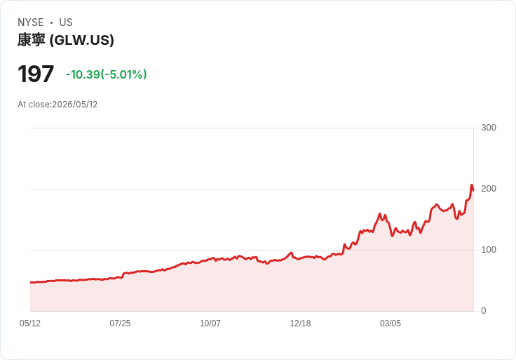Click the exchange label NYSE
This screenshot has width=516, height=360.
pyautogui.click(x=31, y=22)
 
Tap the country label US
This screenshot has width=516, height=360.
pyautogui.click(x=66, y=22)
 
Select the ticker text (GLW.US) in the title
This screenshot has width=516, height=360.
pyautogui.click(x=81, y=40)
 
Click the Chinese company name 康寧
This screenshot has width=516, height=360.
pyautogui.click(x=32, y=40)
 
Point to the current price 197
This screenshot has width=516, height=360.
pyautogui.click(x=36, y=74)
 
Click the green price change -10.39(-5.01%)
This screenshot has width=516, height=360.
pyautogui.click(x=107, y=74)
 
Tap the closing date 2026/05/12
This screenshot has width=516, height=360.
pyautogui.click(x=75, y=105)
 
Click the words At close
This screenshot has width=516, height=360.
pyautogui.click(x=34, y=105)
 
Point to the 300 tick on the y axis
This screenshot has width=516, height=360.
pyautogui.click(x=489, y=128)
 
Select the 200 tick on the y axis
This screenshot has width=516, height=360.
pyautogui.click(x=489, y=189)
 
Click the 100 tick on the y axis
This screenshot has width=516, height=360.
pyautogui.click(x=489, y=250)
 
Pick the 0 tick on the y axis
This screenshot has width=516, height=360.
pyautogui.click(x=484, y=311)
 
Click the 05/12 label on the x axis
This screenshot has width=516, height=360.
pyautogui.click(x=30, y=323)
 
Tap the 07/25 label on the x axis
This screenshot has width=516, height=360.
pyautogui.click(x=120, y=323)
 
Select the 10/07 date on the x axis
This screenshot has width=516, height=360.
pyautogui.click(x=210, y=323)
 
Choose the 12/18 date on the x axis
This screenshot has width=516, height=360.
pyautogui.click(x=300, y=323)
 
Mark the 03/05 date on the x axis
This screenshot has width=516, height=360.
pyautogui.click(x=391, y=323)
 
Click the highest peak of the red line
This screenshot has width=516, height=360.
pyautogui.click(x=472, y=185)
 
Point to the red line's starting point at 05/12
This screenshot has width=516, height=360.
pyautogui.click(x=31, y=282)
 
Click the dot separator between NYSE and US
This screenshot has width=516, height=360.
pyautogui.click(x=51, y=22)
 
